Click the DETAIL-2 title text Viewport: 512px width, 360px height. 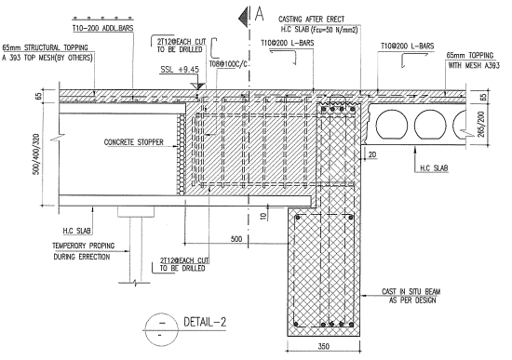[205, 322]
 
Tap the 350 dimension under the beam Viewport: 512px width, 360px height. [323, 346]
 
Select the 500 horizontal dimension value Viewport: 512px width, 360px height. [236, 239]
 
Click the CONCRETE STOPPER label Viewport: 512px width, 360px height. [133, 142]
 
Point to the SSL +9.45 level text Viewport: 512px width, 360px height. [180, 70]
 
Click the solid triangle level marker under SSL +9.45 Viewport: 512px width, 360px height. [198, 87]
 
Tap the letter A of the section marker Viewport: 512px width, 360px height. [259, 14]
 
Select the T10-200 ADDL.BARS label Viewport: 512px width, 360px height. [102, 29]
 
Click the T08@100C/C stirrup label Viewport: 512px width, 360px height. [228, 64]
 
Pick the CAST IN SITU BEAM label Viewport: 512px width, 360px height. [411, 291]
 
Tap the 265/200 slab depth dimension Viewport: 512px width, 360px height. [481, 125]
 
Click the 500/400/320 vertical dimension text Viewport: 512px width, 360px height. [36, 154]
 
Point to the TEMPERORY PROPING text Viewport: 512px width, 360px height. [84, 246]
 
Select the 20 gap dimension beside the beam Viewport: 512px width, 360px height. [372, 154]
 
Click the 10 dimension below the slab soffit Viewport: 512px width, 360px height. [263, 215]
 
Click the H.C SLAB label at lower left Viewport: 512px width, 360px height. [77, 231]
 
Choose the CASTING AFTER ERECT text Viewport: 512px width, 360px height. [312, 20]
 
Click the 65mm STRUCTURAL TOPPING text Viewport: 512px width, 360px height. [45, 47]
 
